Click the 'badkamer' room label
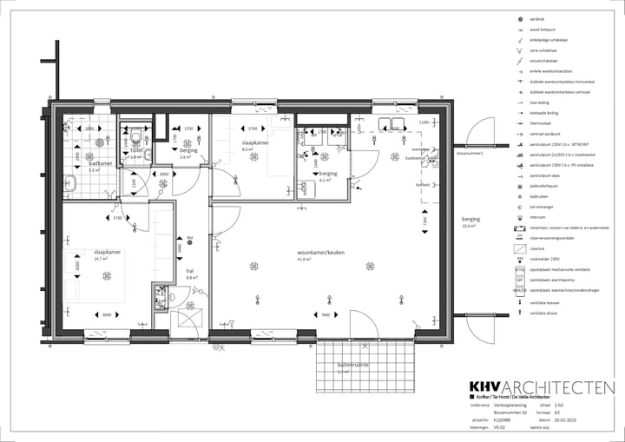pos(101,162)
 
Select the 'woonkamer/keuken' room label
pos(321,252)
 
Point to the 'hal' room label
pos(189,270)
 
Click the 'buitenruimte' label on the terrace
pos(353,366)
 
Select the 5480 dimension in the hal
pos(180,247)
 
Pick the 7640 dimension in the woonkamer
pos(325,314)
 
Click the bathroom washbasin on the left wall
pos(69,183)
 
